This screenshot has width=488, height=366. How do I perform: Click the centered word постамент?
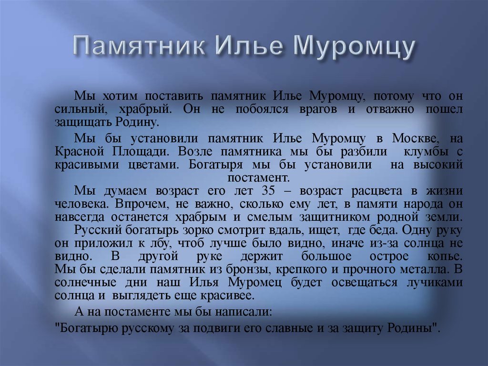pos(265,178)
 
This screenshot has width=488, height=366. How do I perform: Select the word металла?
pos(424,269)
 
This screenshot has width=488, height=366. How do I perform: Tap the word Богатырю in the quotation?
pos(84,328)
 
